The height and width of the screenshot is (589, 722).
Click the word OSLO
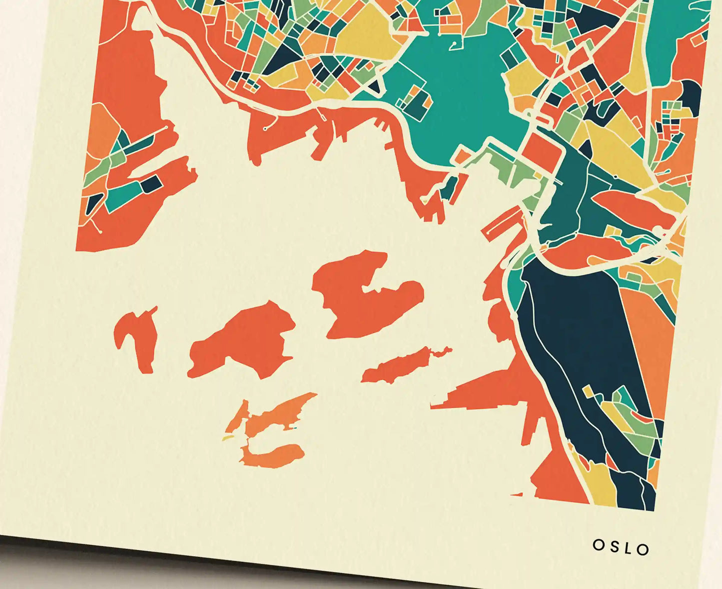pyautogui.click(x=621, y=547)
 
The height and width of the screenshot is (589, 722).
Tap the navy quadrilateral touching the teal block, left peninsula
pyautogui.click(x=152, y=183)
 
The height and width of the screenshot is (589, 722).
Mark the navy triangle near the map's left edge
pyautogui.click(x=94, y=202)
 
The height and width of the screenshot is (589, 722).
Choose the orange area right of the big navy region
pyautogui.click(x=650, y=340)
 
